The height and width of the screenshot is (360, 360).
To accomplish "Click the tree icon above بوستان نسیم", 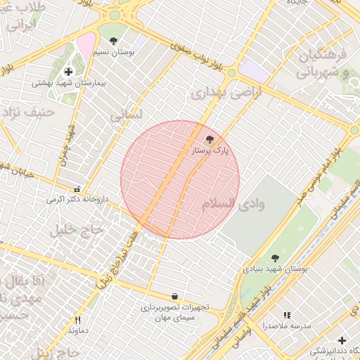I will pyautogui.click(x=114, y=41).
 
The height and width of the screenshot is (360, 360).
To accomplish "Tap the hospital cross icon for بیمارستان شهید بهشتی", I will pyautogui.click(x=68, y=72).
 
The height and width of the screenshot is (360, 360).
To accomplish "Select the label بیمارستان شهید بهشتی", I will pyautogui.click(x=68, y=83).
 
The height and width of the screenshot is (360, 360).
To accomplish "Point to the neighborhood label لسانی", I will pyautogui.click(x=127, y=115).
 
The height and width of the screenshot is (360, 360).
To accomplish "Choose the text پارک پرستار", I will pyautogui.click(x=210, y=150).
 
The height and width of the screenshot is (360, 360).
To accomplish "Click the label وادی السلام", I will pyautogui.click(x=233, y=204).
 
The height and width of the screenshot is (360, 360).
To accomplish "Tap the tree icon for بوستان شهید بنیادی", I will pyautogui.click(x=274, y=258).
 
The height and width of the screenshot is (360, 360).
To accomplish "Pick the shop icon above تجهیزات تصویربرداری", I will pyautogui.click(x=174, y=297).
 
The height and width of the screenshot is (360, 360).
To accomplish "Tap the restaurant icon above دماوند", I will pyautogui.click(x=77, y=320).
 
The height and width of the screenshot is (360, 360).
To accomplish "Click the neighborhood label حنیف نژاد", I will pyautogui.click(x=27, y=112).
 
